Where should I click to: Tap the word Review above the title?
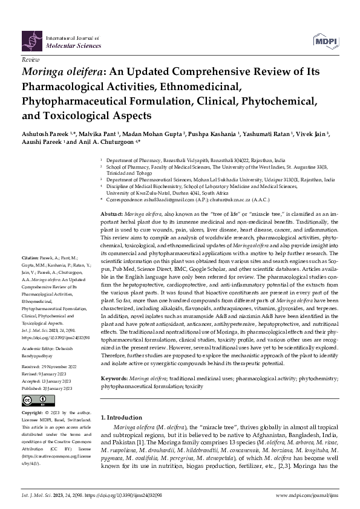point(30,62)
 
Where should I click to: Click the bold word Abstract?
point(111,215)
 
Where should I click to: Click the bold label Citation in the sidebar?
point(29,274)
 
